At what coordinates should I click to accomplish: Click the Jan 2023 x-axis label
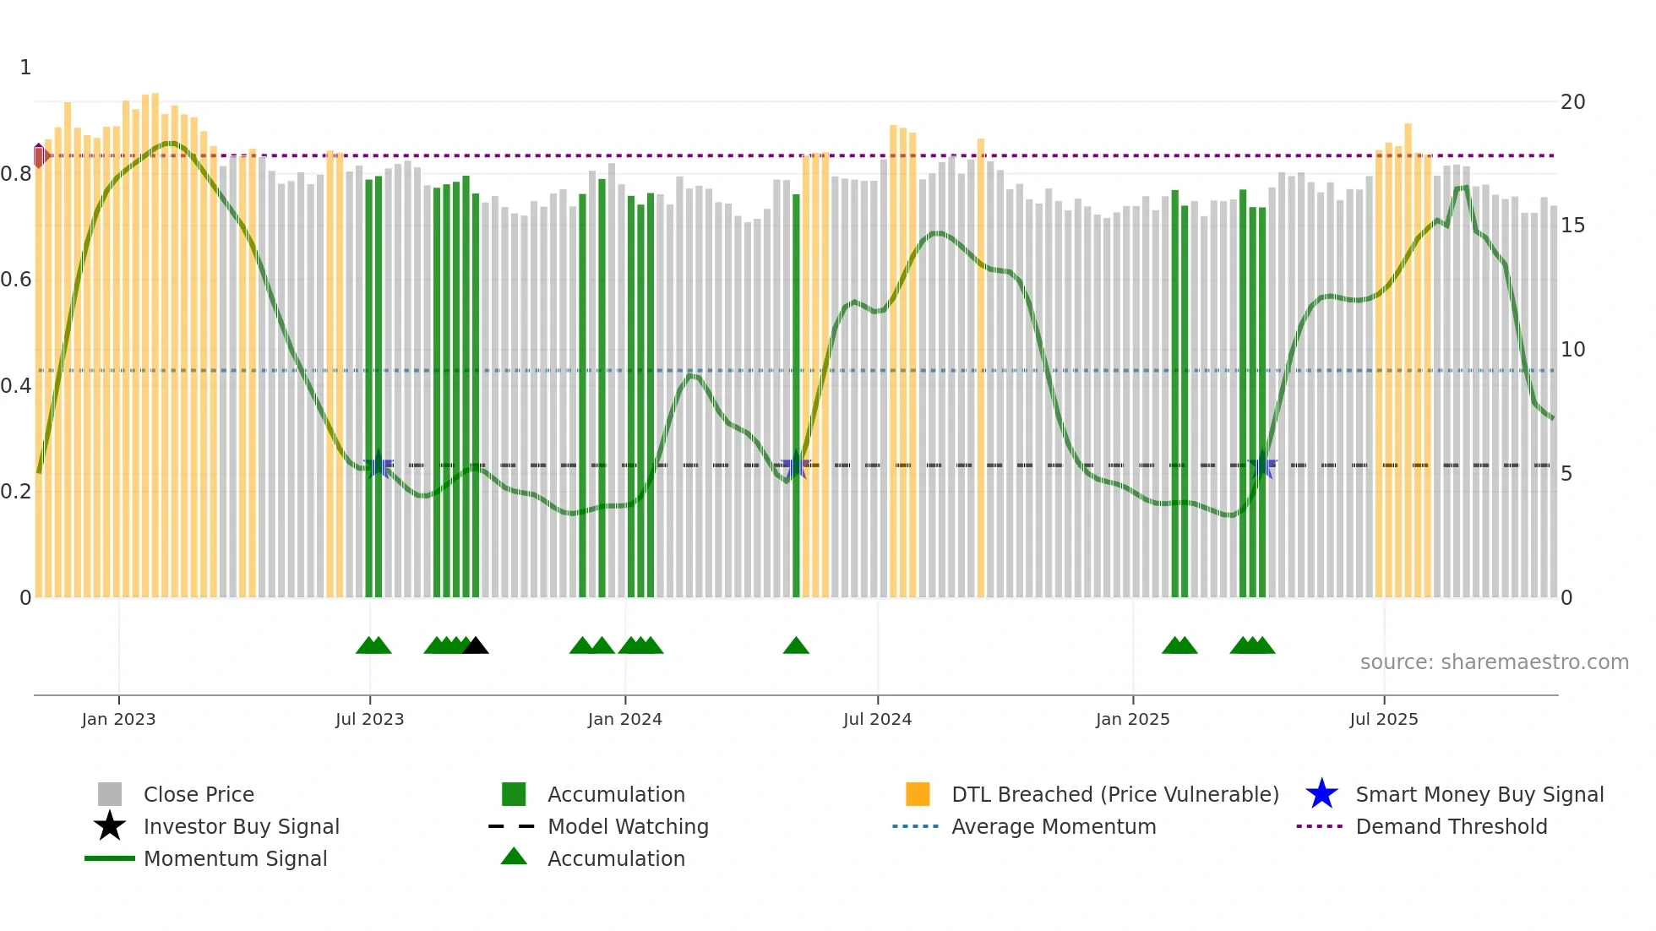[118, 719]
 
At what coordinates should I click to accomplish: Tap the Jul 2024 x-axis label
[877, 719]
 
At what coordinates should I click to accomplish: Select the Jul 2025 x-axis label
[1383, 719]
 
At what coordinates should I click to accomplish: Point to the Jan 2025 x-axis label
[1132, 719]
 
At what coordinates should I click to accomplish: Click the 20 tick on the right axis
[1572, 102]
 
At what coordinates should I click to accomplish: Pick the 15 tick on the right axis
[1572, 226]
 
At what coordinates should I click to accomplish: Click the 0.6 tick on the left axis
[16, 280]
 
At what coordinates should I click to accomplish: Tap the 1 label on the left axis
[25, 68]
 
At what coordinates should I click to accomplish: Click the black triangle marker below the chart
[476, 646]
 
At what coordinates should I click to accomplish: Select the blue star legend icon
[1321, 794]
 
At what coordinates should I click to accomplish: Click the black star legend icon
[110, 826]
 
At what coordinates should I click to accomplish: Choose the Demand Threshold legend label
[1451, 826]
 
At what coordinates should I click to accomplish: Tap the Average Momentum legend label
[1053, 826]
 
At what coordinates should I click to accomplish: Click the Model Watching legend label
[628, 826]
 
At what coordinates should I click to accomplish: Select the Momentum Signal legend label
[235, 858]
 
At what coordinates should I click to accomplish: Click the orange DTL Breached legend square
[918, 794]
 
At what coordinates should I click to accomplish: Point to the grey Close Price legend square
[110, 794]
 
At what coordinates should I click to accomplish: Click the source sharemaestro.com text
[1494, 662]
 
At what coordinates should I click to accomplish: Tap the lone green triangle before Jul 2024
[796, 646]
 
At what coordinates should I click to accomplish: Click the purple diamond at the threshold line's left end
[40, 155]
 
